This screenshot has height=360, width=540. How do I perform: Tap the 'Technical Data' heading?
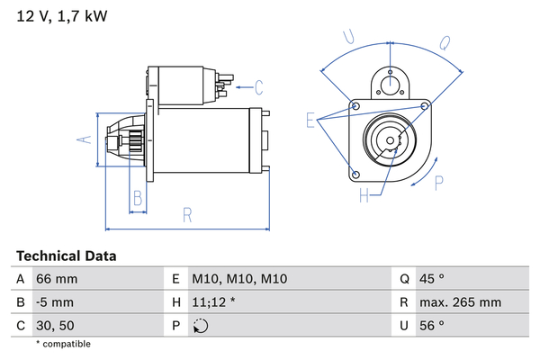(66, 256)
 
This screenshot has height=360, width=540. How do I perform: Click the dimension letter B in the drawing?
(137, 198)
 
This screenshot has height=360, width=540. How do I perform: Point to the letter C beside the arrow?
(258, 87)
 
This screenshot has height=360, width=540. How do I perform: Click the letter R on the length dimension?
(187, 214)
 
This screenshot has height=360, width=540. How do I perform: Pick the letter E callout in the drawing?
(311, 120)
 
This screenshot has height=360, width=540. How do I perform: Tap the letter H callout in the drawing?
(364, 194)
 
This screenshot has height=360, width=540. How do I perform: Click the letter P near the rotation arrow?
(439, 183)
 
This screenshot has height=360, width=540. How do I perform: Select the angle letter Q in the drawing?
(445, 42)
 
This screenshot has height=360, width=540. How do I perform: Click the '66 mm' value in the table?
(56, 279)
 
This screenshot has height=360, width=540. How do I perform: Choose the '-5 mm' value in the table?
(55, 302)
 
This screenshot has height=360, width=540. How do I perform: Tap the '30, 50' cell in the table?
(55, 326)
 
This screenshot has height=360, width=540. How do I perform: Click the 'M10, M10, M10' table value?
(238, 279)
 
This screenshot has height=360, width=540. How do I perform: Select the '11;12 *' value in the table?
(214, 302)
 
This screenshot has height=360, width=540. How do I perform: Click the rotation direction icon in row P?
(200, 326)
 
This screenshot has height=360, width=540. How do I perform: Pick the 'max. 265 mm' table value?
(462, 302)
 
